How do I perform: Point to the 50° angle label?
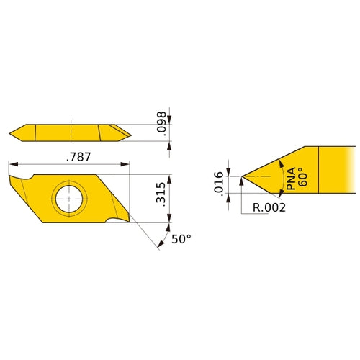(181, 239)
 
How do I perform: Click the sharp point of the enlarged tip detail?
(243, 176)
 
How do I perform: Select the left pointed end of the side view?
(11, 132)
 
